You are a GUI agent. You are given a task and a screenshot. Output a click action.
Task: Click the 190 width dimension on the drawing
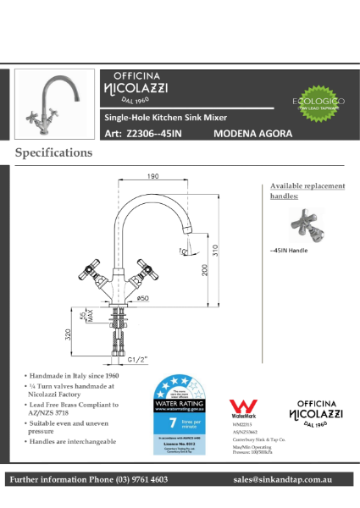click(153, 176)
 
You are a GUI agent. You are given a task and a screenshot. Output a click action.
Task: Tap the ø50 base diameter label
click(144, 298)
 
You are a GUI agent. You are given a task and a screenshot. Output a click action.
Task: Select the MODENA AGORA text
click(252, 134)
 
